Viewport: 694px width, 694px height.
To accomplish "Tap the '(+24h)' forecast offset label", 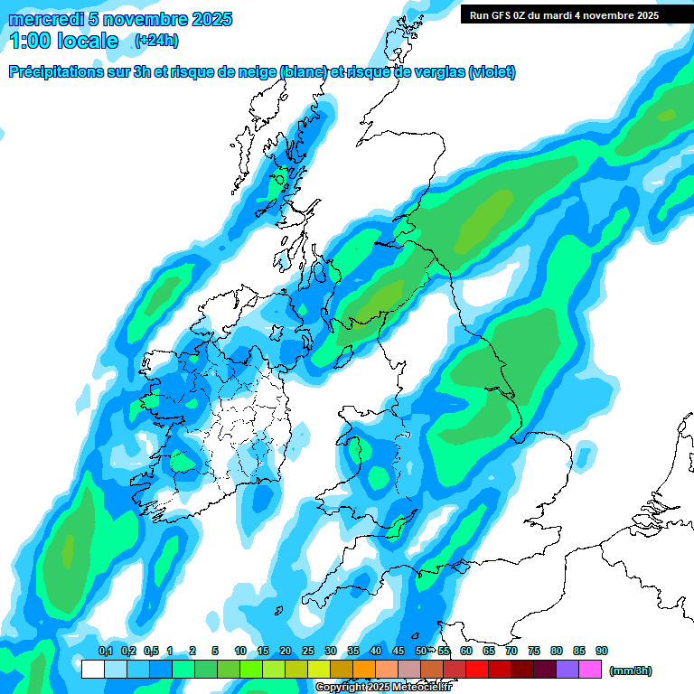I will click(156, 41).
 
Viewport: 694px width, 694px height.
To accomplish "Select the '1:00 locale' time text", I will click(64, 41).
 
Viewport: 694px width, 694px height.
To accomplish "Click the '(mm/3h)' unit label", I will click(631, 671).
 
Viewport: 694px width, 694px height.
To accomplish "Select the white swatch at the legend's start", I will click(92, 670).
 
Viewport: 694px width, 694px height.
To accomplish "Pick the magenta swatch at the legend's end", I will click(590, 670).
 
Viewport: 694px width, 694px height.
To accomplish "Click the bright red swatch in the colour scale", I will click(477, 670).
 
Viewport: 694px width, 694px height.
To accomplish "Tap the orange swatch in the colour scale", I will click(364, 670).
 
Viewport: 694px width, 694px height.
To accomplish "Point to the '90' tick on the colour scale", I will click(602, 651).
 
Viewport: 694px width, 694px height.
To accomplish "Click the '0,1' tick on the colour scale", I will click(105, 651).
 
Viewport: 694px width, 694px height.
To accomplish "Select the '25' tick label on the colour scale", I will click(308, 651).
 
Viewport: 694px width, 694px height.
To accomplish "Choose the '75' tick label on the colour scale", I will click(534, 651).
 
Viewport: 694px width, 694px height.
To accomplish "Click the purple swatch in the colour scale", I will click(567, 670).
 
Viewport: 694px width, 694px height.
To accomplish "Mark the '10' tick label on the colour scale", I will click(240, 651).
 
